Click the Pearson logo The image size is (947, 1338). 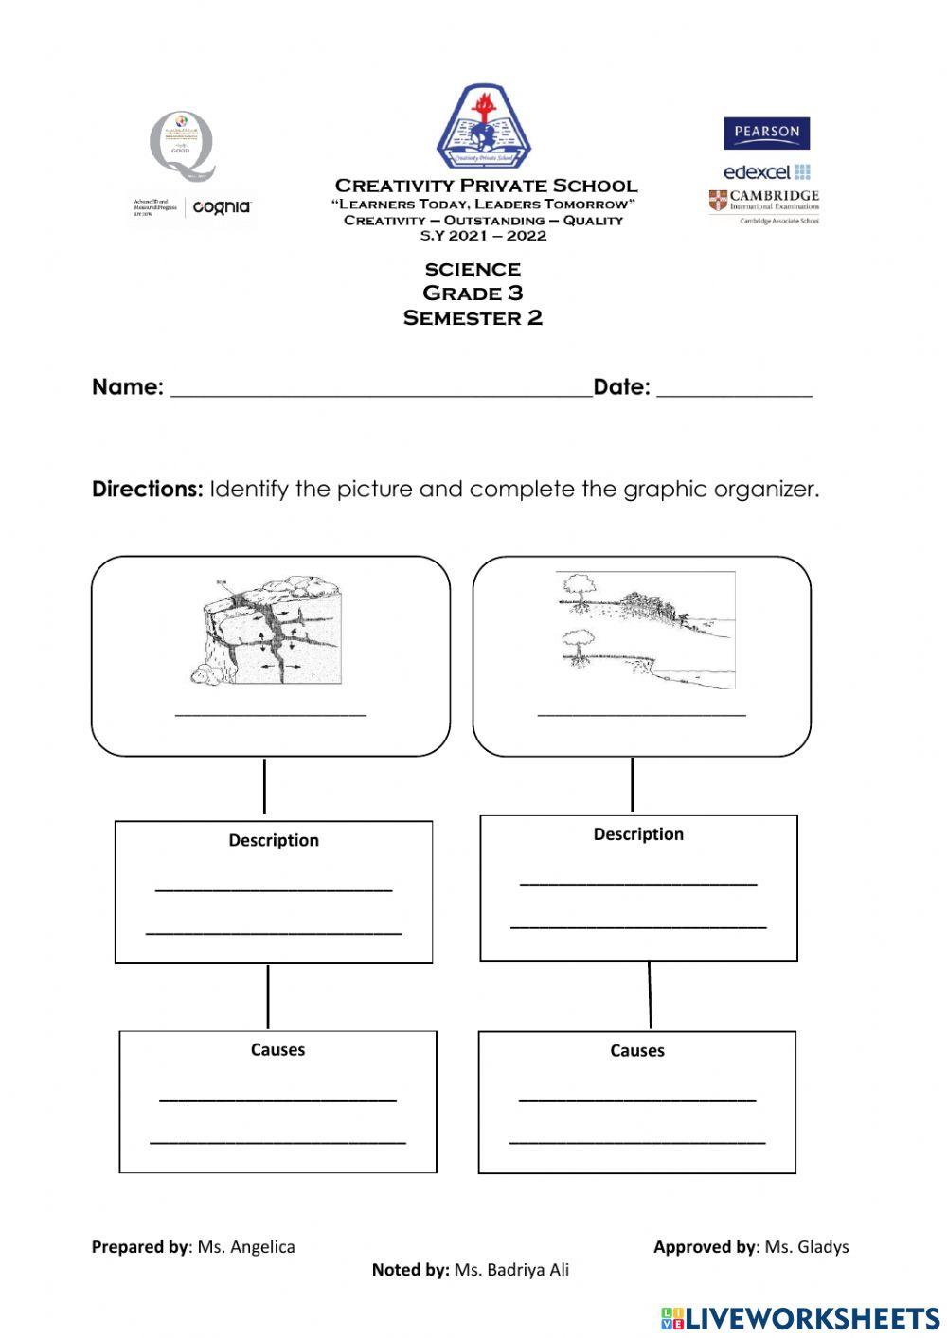click(766, 133)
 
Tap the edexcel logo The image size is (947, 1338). click(765, 171)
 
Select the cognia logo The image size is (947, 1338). click(222, 206)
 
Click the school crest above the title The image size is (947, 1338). click(483, 127)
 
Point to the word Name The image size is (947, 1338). click(127, 386)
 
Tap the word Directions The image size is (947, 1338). click(147, 490)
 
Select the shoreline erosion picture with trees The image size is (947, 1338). click(645, 630)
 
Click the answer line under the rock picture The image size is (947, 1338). click(271, 714)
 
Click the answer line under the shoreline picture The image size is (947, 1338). click(641, 714)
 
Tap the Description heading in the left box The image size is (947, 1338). click(274, 840)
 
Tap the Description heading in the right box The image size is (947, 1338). click(638, 834)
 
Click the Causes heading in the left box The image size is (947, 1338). click(277, 1049)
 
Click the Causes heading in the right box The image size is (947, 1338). click(637, 1050)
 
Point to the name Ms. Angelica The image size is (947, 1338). click(246, 1246)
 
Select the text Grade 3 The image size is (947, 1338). click(473, 293)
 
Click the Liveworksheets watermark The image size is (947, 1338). click(800, 1317)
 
